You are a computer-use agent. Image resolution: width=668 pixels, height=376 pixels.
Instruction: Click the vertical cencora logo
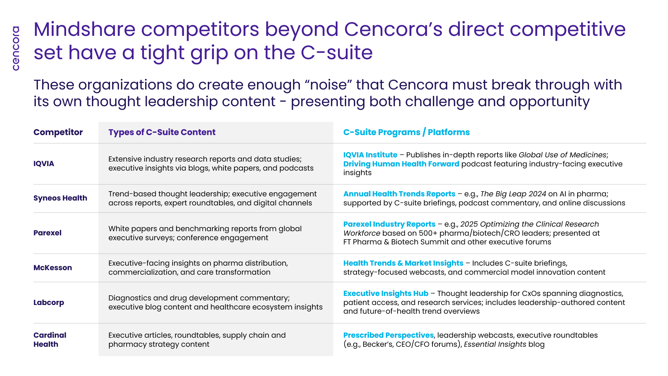click(16, 48)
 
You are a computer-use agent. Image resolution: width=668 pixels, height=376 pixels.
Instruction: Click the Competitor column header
click(58, 132)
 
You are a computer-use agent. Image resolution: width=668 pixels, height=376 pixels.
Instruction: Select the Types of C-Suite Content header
click(162, 132)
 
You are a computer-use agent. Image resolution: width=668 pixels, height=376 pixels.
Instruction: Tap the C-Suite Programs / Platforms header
click(406, 132)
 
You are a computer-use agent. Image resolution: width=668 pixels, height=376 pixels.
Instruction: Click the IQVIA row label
click(44, 164)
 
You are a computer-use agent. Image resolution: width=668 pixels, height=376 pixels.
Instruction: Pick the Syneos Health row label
click(60, 198)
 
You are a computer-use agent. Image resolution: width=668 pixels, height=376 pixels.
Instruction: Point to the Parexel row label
click(47, 233)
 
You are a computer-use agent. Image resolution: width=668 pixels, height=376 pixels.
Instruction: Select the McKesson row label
click(53, 268)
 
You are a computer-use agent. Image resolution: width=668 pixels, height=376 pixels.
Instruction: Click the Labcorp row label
click(49, 303)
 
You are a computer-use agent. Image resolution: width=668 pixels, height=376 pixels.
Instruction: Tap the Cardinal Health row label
click(50, 340)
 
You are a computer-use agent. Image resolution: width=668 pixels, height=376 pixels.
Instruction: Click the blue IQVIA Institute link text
click(370, 155)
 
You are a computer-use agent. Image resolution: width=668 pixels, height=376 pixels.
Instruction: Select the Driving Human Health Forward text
click(401, 164)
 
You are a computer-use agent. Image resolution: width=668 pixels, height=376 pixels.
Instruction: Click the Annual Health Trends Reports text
click(399, 194)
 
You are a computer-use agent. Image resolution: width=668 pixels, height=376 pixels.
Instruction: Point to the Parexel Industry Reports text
click(389, 224)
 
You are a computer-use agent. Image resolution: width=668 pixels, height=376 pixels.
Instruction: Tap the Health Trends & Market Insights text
click(403, 263)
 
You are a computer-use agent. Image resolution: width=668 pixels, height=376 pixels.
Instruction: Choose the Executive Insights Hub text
click(386, 293)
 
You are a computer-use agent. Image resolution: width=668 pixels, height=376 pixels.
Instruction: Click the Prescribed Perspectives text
click(388, 335)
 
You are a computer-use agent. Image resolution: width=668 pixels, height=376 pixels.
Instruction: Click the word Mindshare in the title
click(85, 29)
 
